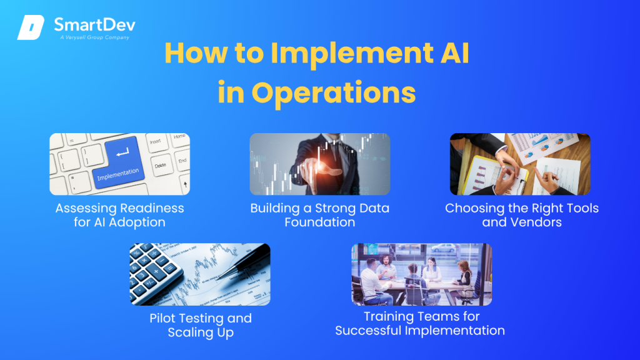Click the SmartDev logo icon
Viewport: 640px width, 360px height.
pos(30,27)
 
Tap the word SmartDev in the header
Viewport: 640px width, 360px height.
pos(94,24)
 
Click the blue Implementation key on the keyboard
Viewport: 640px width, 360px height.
pos(118,163)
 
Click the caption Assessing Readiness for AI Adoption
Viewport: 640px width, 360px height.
pos(119,215)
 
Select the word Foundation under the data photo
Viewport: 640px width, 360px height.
pos(320,222)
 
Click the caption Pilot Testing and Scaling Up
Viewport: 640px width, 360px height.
pos(201,325)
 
